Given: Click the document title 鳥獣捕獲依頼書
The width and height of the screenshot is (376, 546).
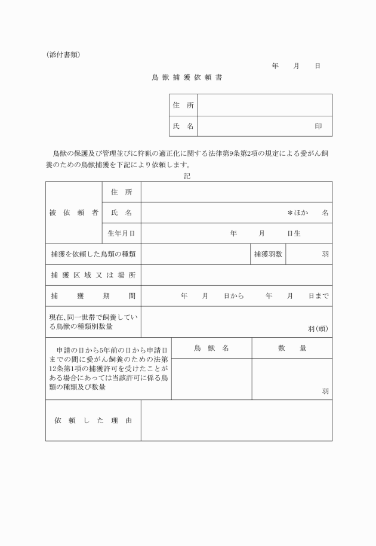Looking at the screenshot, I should coord(187,78).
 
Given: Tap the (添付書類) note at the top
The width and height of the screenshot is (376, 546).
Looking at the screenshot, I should coord(63,55).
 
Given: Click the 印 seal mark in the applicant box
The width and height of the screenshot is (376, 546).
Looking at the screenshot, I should coord(319,127).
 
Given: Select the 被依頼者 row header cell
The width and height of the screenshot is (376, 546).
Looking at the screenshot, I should coord(74,213).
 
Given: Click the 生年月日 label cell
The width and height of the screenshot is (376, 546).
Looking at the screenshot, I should coord(121,233).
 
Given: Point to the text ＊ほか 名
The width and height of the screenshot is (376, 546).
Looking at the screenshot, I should coord(308,213).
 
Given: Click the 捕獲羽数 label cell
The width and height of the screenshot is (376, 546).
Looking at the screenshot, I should coord(268,254).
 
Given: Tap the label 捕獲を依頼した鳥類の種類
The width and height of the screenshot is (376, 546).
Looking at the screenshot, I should coord(93,254).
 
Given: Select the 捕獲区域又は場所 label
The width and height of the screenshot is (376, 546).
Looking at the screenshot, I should coord(93,275).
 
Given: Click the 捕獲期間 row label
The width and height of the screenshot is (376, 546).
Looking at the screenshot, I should coord(93,296).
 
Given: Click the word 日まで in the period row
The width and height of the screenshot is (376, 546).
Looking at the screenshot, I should coord(319,296).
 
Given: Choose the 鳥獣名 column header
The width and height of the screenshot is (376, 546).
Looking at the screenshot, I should coord(211,348).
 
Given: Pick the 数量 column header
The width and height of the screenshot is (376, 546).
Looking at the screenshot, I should coord(292,348).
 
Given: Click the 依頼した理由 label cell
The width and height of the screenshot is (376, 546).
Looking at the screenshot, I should coord(93,421).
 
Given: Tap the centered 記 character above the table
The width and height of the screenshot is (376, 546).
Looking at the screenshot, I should coord(187,176).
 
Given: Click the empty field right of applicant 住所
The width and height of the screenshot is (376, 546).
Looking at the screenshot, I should coord(264,105).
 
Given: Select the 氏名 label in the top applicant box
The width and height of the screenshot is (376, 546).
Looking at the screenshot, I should coord(183,127).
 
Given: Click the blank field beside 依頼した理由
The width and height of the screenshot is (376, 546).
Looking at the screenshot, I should coord(236,421).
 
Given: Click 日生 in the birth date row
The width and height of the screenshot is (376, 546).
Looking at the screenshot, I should coord(294,233).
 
